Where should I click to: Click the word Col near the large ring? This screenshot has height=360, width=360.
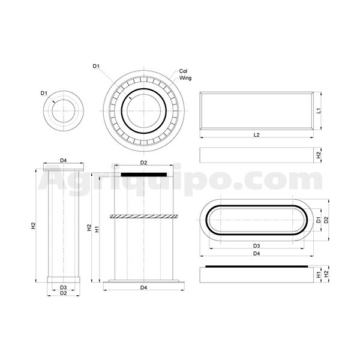[183, 71]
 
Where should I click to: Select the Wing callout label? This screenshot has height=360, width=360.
[185, 78]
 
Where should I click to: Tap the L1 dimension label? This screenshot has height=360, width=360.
[319, 110]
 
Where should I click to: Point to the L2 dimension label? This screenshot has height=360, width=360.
[256, 135]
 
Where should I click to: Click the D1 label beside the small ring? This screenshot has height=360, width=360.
[44, 93]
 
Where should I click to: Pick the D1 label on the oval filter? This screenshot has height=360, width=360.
[319, 220]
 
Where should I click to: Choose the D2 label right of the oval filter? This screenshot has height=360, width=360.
[326, 220]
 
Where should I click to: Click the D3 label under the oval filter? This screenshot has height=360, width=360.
[256, 246]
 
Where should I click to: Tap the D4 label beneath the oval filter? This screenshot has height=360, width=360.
[256, 253]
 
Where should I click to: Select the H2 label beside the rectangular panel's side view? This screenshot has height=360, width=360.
[319, 155]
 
